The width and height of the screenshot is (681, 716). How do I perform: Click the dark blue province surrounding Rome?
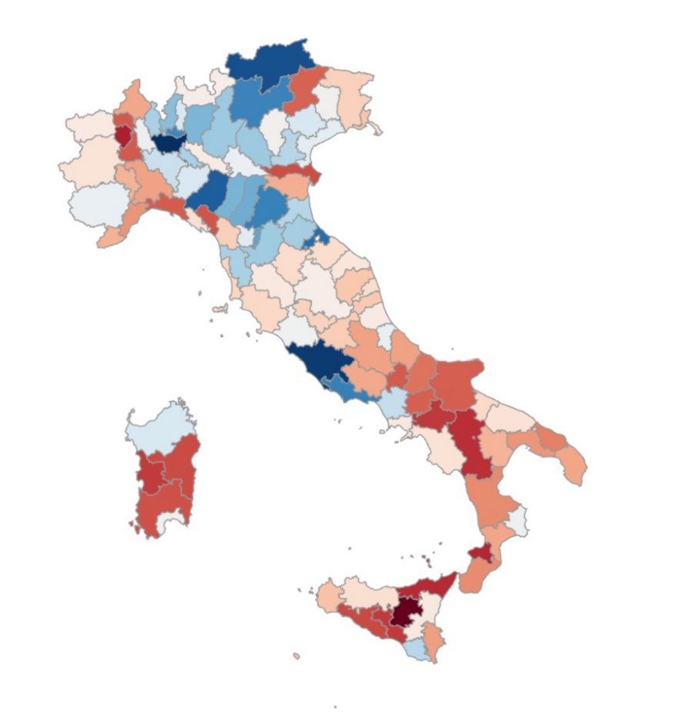[x=317, y=360]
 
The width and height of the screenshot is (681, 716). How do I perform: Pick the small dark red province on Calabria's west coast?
[x=481, y=552]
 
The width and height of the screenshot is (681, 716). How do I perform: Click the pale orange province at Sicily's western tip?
[x=329, y=597]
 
